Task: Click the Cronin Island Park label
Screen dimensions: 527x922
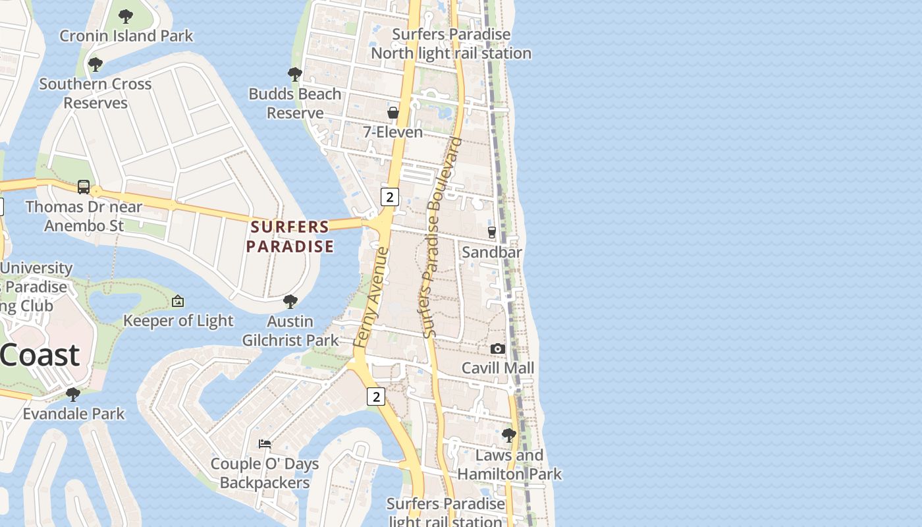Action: click(x=126, y=36)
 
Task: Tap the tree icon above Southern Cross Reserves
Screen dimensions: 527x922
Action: click(x=95, y=65)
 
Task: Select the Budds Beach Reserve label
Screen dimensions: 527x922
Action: click(x=295, y=103)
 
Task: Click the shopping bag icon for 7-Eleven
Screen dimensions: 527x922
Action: click(x=393, y=113)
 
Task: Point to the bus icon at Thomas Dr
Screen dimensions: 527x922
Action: click(x=84, y=187)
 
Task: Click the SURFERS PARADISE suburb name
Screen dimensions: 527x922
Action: click(x=290, y=236)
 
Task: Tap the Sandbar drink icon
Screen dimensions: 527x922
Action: click(x=491, y=233)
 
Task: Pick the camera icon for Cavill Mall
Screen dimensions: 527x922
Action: click(x=498, y=348)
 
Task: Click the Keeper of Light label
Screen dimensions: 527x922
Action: click(x=178, y=321)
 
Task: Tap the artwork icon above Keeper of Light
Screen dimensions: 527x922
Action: click(x=177, y=302)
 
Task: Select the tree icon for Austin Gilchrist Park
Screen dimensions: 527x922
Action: click(x=290, y=302)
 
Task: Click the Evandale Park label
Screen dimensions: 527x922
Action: click(x=74, y=414)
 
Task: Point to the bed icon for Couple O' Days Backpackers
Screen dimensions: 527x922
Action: click(x=265, y=444)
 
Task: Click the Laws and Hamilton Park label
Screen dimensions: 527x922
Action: click(x=510, y=464)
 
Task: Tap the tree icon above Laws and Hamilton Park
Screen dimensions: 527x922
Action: click(x=508, y=435)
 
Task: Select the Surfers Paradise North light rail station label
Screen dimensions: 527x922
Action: click(x=451, y=43)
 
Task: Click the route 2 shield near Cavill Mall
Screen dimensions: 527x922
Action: click(x=375, y=396)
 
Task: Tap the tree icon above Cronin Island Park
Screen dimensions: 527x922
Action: click(x=125, y=16)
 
